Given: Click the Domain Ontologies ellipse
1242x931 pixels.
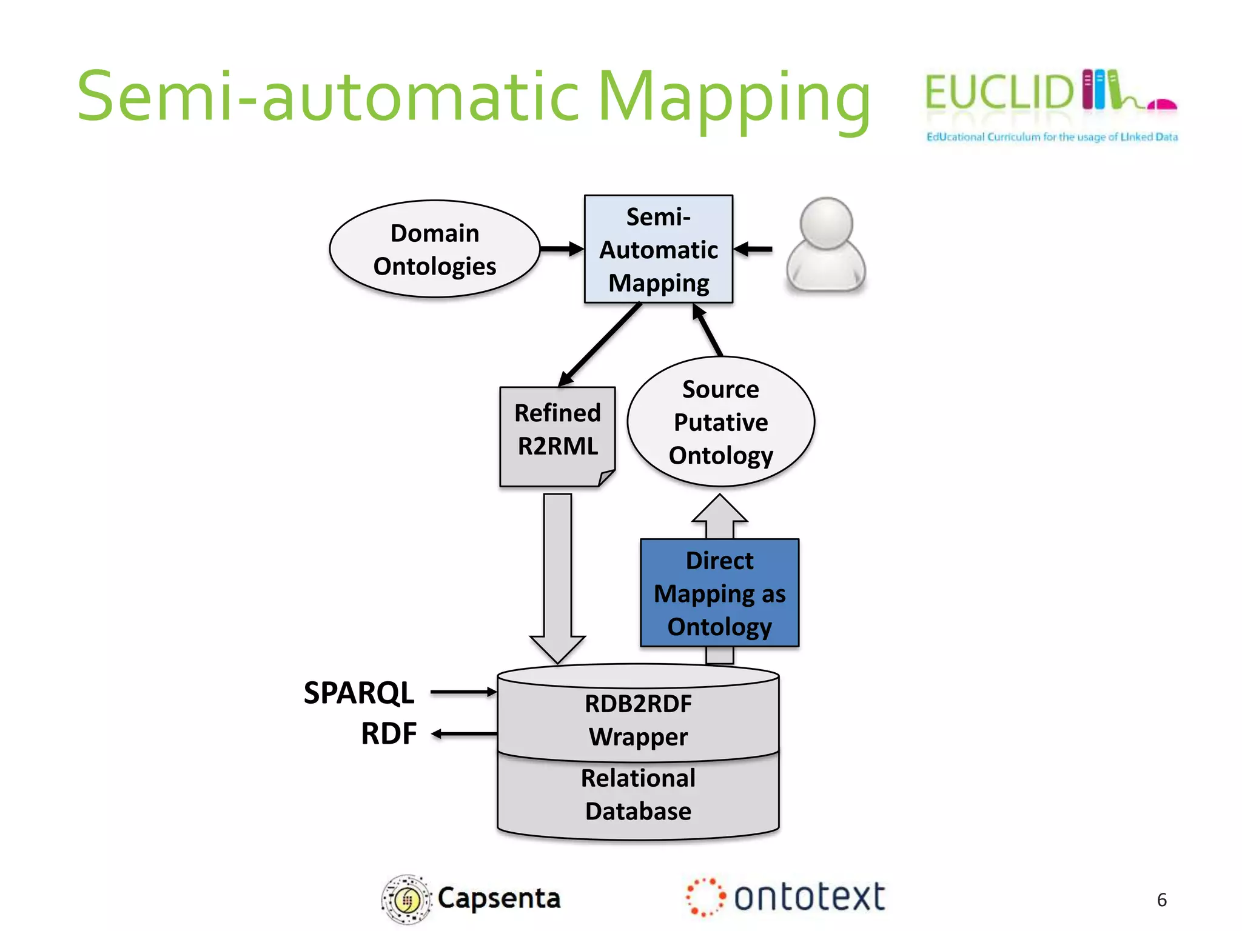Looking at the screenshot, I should [434, 249].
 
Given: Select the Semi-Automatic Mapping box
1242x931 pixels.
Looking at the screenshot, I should [658, 249].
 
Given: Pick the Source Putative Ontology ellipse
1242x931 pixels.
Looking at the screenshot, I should [720, 422].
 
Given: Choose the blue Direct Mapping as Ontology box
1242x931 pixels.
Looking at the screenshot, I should [719, 593].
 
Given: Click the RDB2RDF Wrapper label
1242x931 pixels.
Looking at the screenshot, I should [638, 720].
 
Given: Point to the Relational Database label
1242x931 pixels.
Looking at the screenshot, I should [638, 795].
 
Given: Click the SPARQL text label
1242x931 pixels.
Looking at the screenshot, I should [358, 693].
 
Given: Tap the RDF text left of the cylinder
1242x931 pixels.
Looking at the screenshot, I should [389, 733].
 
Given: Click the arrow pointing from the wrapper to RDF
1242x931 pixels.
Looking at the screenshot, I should [463, 734].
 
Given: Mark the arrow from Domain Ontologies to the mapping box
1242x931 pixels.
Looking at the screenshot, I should [562, 249].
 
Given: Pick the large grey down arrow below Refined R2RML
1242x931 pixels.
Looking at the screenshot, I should [557, 576].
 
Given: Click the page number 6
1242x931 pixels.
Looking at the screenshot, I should [1161, 900].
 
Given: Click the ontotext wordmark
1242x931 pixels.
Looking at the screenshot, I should [809, 897].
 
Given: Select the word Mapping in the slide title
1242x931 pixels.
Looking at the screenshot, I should [734, 98].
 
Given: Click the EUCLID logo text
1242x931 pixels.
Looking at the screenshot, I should [999, 93].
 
